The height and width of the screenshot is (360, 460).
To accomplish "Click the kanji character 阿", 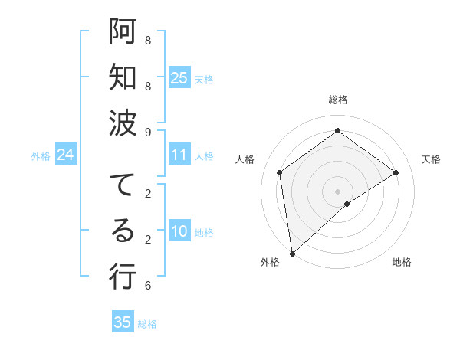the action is (x=123, y=31).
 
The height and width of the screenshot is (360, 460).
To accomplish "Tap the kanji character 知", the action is (x=123, y=77).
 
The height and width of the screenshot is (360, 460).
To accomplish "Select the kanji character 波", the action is (x=123, y=123).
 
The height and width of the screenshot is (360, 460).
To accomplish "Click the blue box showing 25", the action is (x=179, y=77).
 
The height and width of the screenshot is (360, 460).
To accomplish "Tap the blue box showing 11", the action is (x=179, y=155).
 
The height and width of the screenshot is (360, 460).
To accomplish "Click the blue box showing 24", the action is (x=66, y=155).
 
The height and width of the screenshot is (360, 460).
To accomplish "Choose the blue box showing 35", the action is (x=123, y=322).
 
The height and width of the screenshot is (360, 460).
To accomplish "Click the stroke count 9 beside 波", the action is (x=148, y=132).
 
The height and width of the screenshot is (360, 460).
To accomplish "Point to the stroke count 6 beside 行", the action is (x=148, y=286).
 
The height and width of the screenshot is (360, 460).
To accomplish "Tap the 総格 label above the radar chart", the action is (x=337, y=100).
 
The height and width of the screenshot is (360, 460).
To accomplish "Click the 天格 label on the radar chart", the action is (x=432, y=159).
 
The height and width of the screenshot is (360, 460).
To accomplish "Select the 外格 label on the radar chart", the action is (x=269, y=262).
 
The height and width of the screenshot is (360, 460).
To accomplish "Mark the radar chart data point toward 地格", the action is (x=347, y=204).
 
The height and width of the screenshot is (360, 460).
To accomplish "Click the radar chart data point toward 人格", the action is (x=280, y=172).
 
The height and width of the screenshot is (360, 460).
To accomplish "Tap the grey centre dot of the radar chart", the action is (x=337, y=191).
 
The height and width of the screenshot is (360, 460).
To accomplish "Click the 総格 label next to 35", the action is (x=147, y=324).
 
